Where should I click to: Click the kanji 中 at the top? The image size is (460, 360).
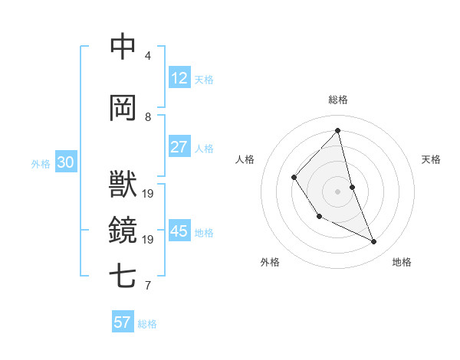click(x=123, y=47)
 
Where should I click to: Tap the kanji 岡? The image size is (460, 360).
click(x=123, y=108)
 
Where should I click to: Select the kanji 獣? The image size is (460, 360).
click(x=123, y=185)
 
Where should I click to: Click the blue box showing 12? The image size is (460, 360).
click(x=179, y=78)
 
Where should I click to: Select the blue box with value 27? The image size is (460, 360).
click(x=179, y=147)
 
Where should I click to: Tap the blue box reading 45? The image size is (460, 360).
click(x=179, y=231)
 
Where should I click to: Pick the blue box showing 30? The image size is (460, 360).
click(x=65, y=162)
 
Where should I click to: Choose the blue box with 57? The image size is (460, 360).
click(x=123, y=322)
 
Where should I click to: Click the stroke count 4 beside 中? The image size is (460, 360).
click(x=148, y=56)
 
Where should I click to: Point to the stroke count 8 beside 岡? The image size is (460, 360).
click(x=148, y=117)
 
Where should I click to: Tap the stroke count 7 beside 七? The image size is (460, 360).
click(x=148, y=286)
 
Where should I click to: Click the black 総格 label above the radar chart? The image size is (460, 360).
click(x=337, y=100)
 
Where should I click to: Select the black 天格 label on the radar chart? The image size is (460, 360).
click(x=432, y=159)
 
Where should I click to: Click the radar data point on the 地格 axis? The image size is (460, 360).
click(x=374, y=242)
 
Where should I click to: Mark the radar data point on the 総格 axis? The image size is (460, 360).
click(x=337, y=131)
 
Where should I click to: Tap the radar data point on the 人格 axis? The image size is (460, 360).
click(x=294, y=178)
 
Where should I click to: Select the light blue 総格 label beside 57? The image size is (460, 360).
click(x=147, y=324)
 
